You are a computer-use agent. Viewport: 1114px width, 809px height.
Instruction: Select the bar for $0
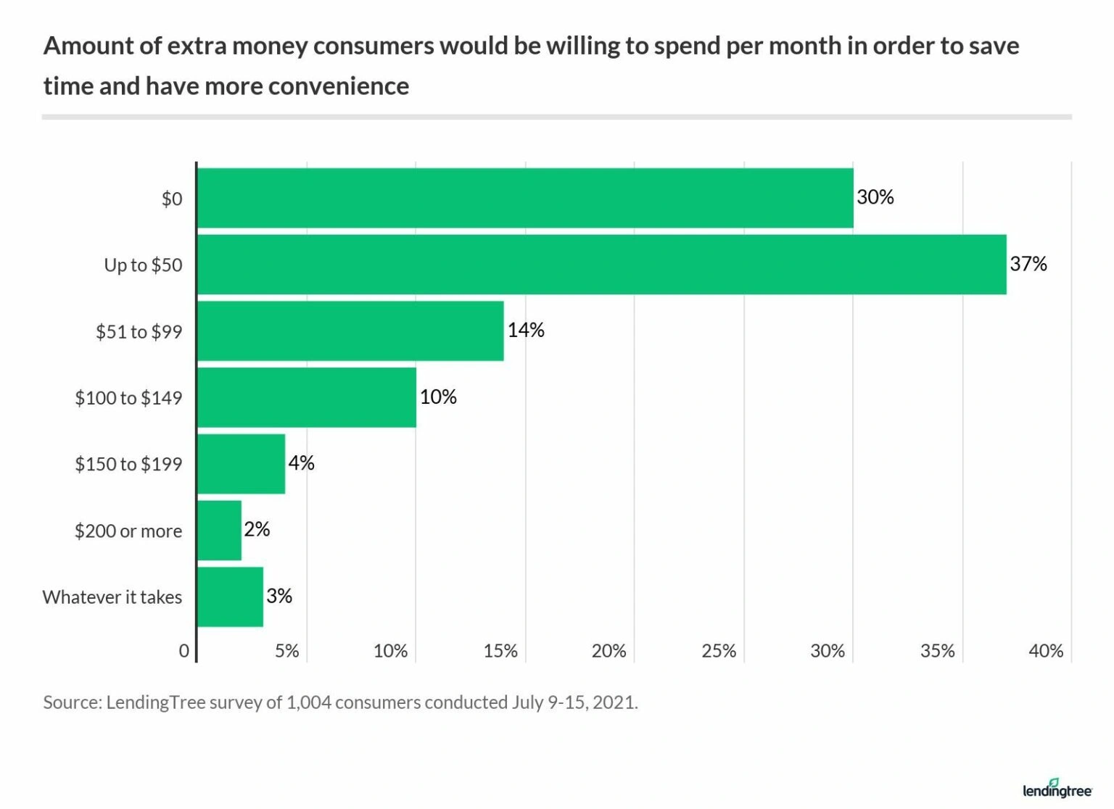coord(525,198)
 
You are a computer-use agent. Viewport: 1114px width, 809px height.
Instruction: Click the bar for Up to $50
coord(601,265)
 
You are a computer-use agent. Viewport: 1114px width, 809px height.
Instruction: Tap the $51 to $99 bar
coord(350,331)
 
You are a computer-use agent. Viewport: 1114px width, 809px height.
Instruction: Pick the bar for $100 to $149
coord(307,397)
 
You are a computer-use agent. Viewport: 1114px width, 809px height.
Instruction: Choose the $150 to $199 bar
coord(241,464)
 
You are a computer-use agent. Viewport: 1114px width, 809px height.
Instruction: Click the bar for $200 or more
coord(219,531)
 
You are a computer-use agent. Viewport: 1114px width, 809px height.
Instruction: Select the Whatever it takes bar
coord(230,597)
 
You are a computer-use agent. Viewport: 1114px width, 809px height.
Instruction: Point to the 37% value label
coord(1028,264)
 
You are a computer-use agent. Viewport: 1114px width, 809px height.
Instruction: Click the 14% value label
coord(525,331)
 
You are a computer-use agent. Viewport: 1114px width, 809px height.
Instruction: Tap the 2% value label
coord(257,529)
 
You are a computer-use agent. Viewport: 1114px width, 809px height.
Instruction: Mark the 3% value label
coord(278,596)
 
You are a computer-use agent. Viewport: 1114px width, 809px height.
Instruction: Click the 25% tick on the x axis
coord(718,651)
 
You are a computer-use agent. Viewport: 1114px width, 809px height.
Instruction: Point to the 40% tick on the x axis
coord(1045,651)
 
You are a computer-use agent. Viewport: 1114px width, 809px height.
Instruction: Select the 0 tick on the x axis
coord(184,651)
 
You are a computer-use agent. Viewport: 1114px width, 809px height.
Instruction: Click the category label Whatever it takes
coord(112,597)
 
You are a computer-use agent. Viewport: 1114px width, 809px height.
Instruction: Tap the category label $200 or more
coord(128,531)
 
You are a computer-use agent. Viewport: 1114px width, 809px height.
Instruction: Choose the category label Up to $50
coord(143,265)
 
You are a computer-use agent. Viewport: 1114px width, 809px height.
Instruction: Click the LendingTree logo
coord(1057,789)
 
